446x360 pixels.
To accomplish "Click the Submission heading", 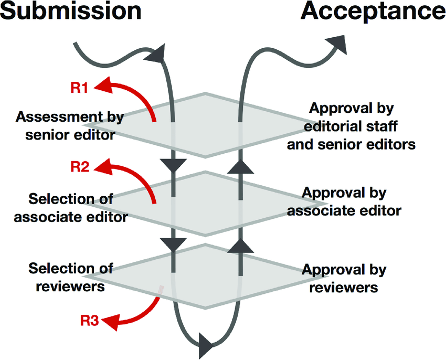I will click(71, 12).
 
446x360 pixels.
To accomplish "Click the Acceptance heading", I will click(373, 12).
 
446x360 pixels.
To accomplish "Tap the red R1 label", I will click(79, 87).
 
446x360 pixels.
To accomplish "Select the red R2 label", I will click(79, 168).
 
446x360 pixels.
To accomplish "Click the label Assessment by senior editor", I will click(70, 125).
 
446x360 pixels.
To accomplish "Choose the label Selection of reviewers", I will click(71, 278).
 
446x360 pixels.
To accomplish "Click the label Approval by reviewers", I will click(344, 279).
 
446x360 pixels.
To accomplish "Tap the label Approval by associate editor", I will click(352, 202).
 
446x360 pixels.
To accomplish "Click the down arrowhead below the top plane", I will click(174, 167).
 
